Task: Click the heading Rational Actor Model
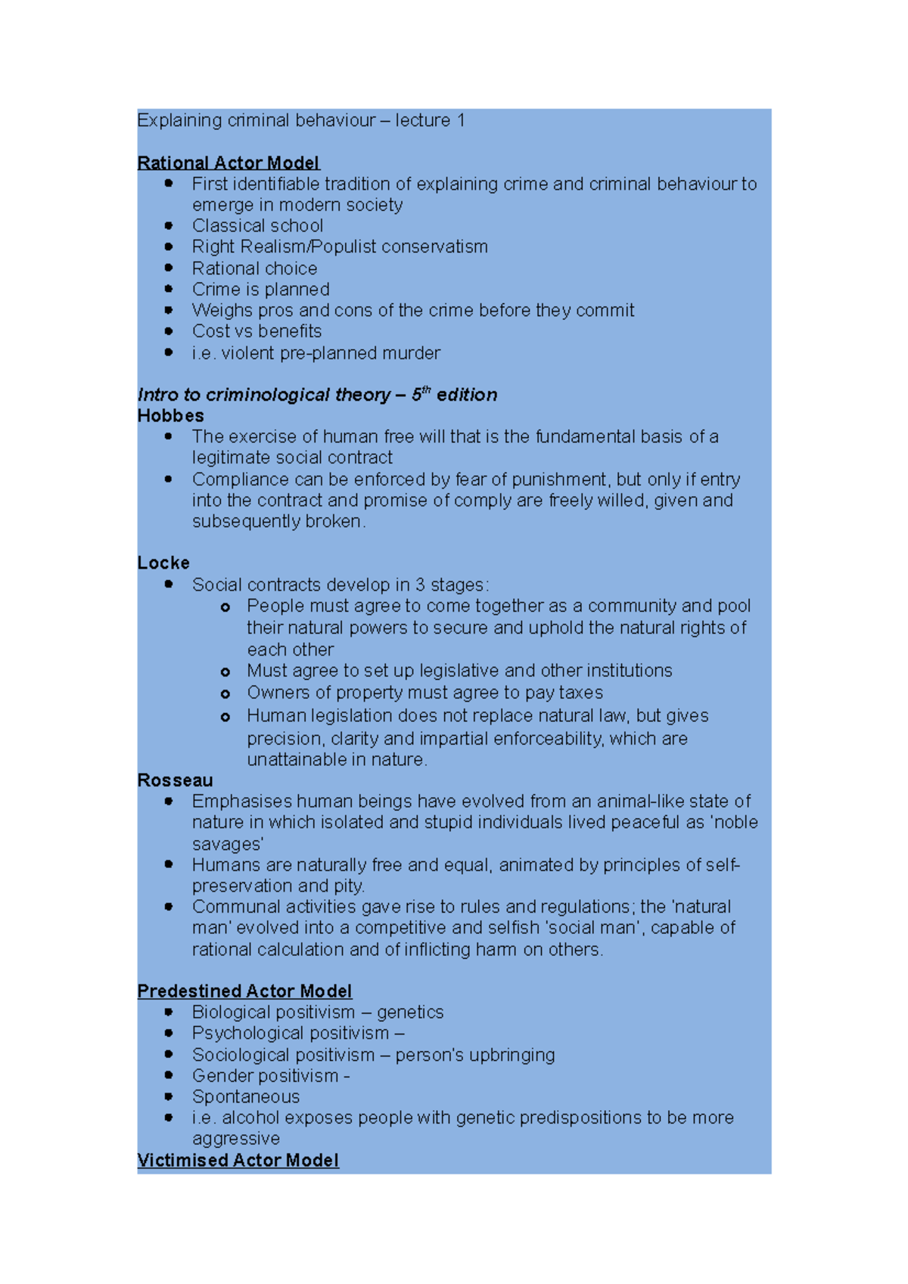(229, 163)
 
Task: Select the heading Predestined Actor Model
(244, 991)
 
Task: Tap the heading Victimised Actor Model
(238, 1160)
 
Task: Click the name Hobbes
(171, 416)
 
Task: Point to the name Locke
(163, 563)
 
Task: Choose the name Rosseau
(175, 780)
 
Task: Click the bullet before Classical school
(168, 225)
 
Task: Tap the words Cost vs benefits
(257, 331)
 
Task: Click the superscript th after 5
(426, 390)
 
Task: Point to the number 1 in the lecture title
(460, 120)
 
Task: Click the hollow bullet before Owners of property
(225, 693)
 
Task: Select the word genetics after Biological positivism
(410, 1012)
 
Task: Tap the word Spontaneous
(246, 1096)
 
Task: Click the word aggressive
(236, 1138)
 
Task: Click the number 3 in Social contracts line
(420, 585)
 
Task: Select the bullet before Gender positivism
(168, 1075)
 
